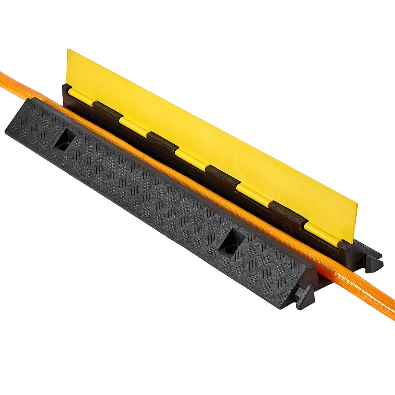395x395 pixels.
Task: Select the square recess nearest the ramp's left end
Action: pos(64,139)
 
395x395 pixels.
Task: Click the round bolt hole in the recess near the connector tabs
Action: pos(231,249)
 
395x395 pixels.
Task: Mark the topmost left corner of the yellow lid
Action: pos(68,50)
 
